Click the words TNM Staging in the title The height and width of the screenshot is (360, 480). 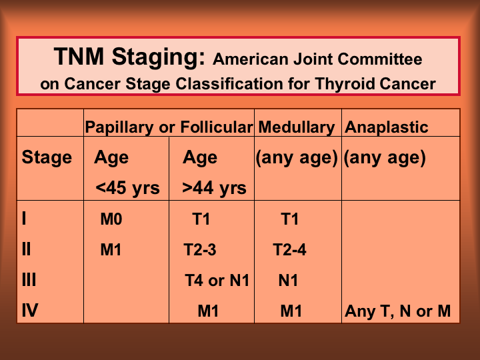129,57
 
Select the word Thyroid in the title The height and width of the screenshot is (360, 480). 345,84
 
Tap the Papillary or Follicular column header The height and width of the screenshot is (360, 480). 169,127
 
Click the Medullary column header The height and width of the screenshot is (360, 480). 297,127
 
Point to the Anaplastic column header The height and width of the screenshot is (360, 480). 386,127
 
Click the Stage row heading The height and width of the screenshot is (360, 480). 47,158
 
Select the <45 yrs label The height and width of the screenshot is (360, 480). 127,187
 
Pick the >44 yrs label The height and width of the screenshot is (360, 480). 214,187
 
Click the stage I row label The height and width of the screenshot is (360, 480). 24,219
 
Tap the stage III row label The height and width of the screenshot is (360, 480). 29,280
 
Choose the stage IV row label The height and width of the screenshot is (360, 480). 30,311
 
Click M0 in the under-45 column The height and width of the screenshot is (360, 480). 111,219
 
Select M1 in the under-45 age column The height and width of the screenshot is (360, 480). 111,250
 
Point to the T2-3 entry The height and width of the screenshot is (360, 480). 200,250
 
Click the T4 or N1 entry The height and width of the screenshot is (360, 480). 217,281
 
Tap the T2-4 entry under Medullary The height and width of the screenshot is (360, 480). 289,250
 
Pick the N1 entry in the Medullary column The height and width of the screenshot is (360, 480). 288,281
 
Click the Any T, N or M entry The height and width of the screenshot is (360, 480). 397,311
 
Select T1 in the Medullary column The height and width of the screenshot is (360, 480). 289,219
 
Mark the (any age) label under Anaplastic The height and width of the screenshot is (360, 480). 385,158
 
